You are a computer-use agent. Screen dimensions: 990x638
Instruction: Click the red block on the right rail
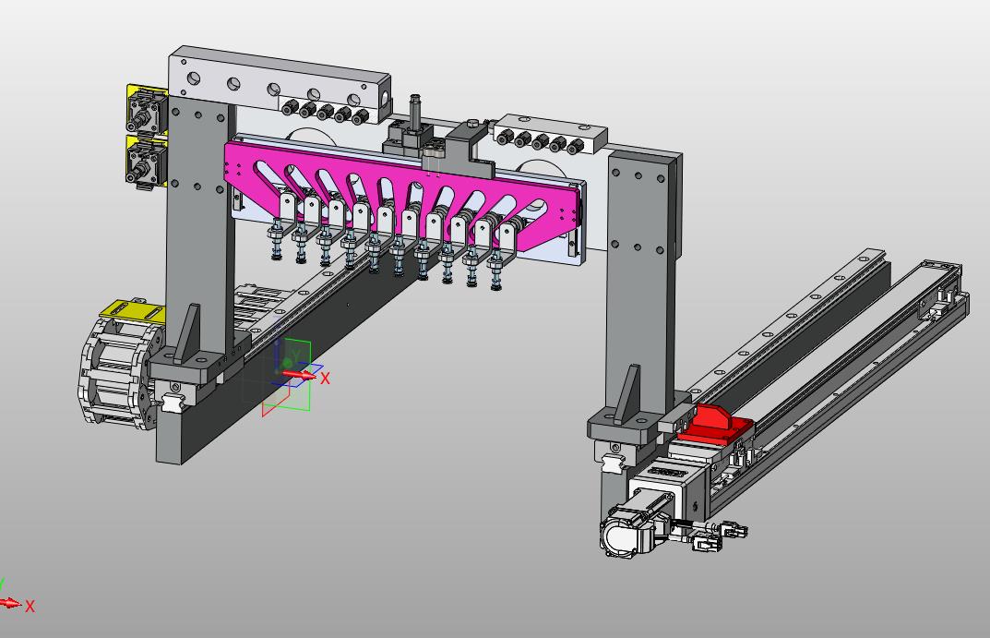pyautogui.click(x=715, y=425)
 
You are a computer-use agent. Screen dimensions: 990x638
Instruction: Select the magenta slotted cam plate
pyautogui.click(x=404, y=189)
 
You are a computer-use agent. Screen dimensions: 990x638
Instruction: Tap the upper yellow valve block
pyautogui.click(x=147, y=109)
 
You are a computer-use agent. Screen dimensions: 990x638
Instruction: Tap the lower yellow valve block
pyautogui.click(x=147, y=162)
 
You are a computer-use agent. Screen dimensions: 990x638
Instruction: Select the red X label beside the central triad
pyautogui.click(x=325, y=379)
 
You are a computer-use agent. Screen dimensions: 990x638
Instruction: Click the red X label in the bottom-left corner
pyautogui.click(x=30, y=607)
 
